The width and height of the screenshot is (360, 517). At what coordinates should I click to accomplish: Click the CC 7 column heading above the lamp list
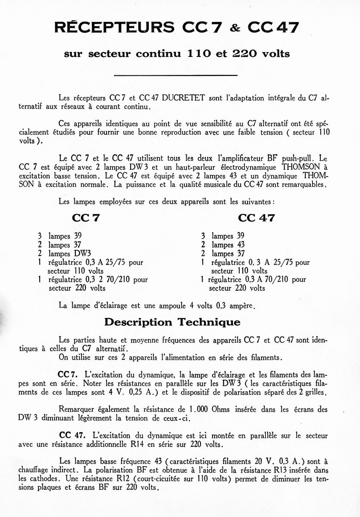(86, 218)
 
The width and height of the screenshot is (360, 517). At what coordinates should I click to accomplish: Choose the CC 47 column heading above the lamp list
(256, 218)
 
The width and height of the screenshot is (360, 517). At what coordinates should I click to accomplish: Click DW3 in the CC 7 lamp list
(82, 253)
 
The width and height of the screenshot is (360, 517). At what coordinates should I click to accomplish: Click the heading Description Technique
(172, 322)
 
